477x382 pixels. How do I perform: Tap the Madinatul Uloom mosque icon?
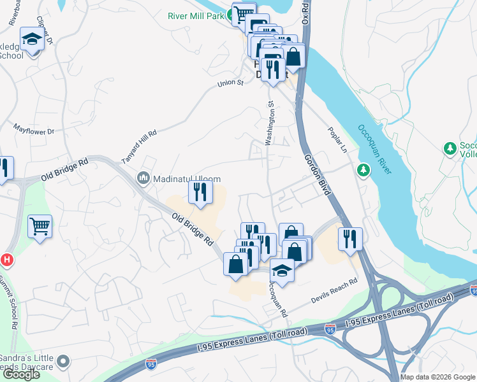(142, 179)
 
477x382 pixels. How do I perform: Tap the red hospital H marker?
(6, 260)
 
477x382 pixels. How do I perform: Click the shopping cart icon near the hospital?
(40, 225)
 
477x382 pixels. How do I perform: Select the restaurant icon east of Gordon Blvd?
(349, 239)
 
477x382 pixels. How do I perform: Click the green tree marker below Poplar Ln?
(363, 170)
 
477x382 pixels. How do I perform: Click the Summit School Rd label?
(13, 305)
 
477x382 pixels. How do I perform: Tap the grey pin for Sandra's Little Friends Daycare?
(62, 362)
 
